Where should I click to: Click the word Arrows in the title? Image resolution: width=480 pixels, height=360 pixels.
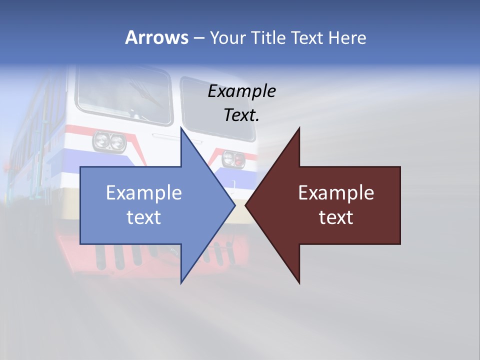coord(156,37)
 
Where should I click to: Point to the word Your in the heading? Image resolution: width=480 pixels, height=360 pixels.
coord(228,37)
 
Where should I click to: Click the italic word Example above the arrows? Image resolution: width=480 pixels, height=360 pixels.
coord(241,91)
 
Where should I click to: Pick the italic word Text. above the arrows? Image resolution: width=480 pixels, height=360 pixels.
coord(241,115)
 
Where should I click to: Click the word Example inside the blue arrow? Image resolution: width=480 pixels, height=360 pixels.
coord(143,192)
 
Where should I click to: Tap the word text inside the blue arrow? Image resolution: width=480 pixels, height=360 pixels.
coord(143,217)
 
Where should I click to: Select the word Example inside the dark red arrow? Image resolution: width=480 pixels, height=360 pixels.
coord(336,192)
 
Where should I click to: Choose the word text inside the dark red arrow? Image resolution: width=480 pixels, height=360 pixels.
coord(336,217)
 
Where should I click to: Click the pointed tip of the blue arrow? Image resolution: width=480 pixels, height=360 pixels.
coord(234,205)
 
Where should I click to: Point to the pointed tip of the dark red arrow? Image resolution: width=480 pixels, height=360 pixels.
coord(246,205)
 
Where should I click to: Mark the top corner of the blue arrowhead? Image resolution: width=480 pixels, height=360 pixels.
coord(181,128)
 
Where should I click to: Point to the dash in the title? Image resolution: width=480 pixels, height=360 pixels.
coord(198,38)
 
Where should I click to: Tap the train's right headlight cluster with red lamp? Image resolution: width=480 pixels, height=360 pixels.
coord(233,158)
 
